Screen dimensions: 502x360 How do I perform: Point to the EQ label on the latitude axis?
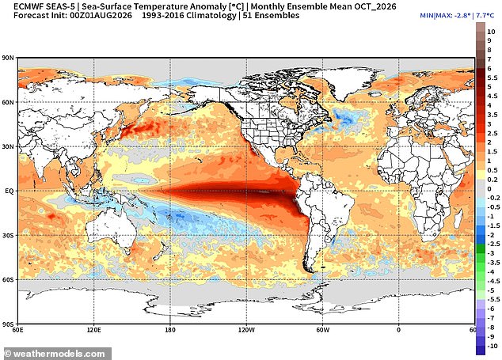tap(10, 191)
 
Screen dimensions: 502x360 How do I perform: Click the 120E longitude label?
tap(93, 330)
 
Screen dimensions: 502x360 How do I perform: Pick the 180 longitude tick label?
tap(170, 330)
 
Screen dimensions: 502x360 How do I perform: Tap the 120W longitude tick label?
tap(246, 330)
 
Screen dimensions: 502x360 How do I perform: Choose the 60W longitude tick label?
tap(323, 330)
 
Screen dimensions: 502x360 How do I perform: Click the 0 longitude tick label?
tap(398, 330)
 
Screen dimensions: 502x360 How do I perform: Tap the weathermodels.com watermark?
tap(55, 354)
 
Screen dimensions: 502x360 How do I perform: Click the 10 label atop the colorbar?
tap(491, 32)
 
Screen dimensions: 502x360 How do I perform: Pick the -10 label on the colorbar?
tap(492, 346)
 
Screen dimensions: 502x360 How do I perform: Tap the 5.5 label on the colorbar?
tap(492, 78)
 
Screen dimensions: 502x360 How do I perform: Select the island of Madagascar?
tap(458, 220)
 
